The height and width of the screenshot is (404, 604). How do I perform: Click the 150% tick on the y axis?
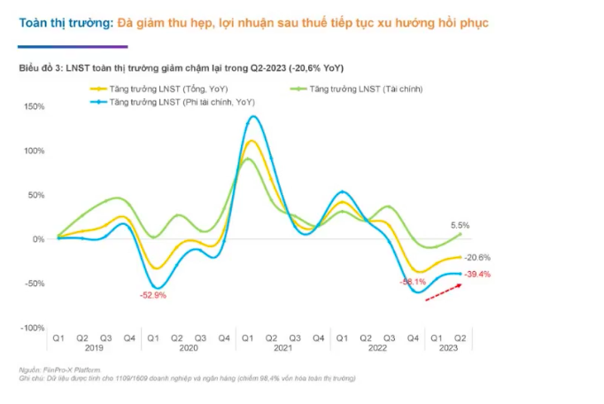pos(34,106)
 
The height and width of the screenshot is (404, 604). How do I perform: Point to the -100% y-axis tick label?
pos(32,328)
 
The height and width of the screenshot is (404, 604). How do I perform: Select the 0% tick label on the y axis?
pos(37,239)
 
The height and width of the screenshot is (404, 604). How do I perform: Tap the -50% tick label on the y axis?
pos(34,284)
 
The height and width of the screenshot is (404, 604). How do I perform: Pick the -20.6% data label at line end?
pos(477,258)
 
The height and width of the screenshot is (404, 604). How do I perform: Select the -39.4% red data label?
pos(477,274)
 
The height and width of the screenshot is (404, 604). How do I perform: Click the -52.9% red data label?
pos(154,295)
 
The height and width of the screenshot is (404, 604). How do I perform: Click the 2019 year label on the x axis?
pos(93,348)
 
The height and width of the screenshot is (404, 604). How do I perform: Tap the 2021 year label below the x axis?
pos(283,348)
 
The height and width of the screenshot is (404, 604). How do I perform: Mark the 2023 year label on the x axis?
pos(450,348)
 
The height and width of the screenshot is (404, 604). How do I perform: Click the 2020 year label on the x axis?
pos(189,348)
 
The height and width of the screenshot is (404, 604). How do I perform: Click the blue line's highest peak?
pos(254,116)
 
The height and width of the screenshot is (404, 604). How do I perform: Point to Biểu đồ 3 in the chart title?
pos(41,68)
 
